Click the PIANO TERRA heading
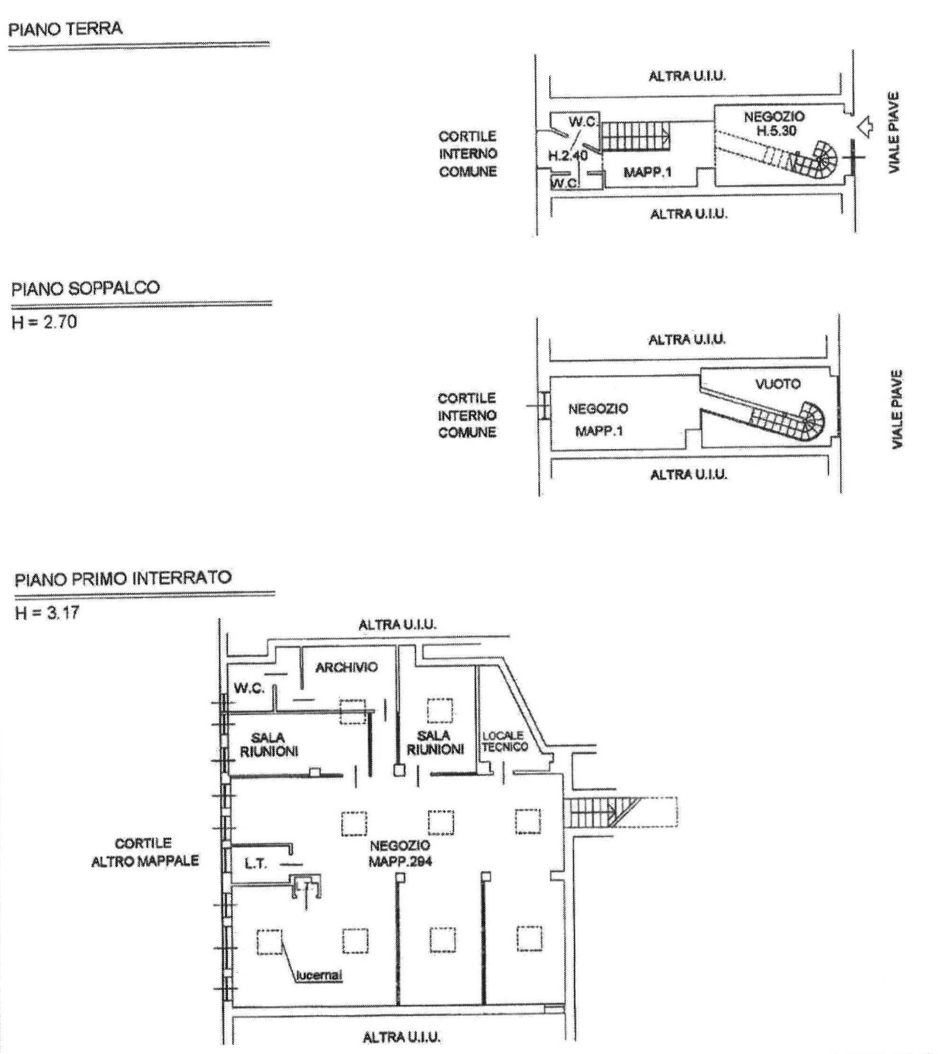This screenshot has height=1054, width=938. pyautogui.click(x=65, y=29)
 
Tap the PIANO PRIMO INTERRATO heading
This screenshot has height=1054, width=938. pyautogui.click(x=123, y=579)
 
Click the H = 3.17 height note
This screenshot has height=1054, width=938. pyautogui.click(x=47, y=613)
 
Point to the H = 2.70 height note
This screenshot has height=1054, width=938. pyautogui.click(x=44, y=322)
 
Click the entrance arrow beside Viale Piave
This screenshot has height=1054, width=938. pyautogui.click(x=864, y=127)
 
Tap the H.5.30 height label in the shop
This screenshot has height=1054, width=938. pyautogui.click(x=776, y=131)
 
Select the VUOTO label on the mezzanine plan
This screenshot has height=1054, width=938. pyautogui.click(x=778, y=384)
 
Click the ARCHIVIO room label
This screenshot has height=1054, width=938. pyautogui.click(x=347, y=668)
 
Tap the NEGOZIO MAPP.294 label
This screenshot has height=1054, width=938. pyautogui.click(x=400, y=854)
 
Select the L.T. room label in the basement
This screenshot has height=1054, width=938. pyautogui.click(x=256, y=864)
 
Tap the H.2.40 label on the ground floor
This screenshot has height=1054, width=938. pyautogui.click(x=568, y=156)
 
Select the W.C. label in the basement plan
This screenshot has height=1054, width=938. pyautogui.click(x=249, y=688)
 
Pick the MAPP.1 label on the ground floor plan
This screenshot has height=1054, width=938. pyautogui.click(x=648, y=172)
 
